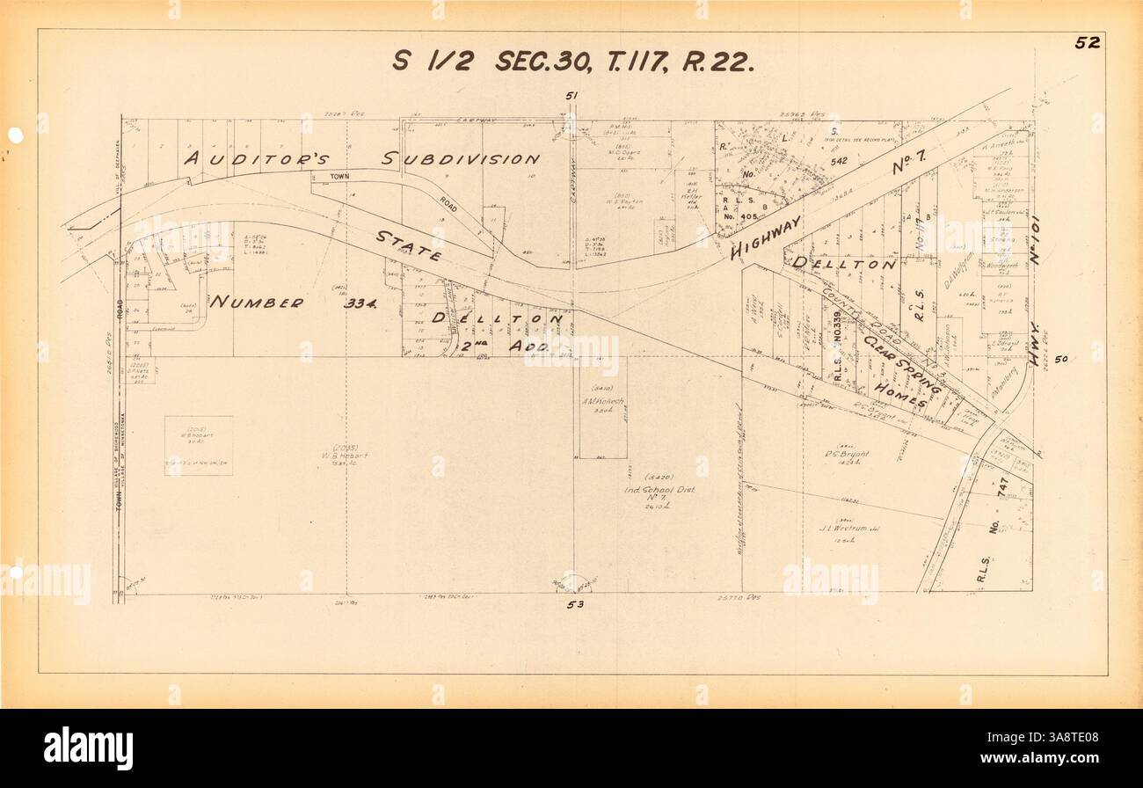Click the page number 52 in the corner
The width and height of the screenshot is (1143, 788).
tap(1087, 43)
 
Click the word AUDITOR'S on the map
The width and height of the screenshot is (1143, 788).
tap(256, 159)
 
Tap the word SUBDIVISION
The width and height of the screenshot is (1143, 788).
tap(461, 159)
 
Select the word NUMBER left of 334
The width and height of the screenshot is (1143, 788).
tap(257, 303)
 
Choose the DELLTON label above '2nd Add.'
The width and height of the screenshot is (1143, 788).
tap(497, 317)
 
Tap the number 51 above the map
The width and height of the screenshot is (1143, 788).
tap(572, 96)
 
